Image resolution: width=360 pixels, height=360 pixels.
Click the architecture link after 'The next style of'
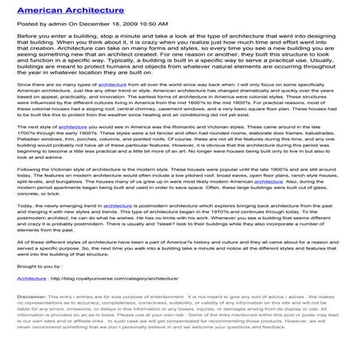point(73,149)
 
